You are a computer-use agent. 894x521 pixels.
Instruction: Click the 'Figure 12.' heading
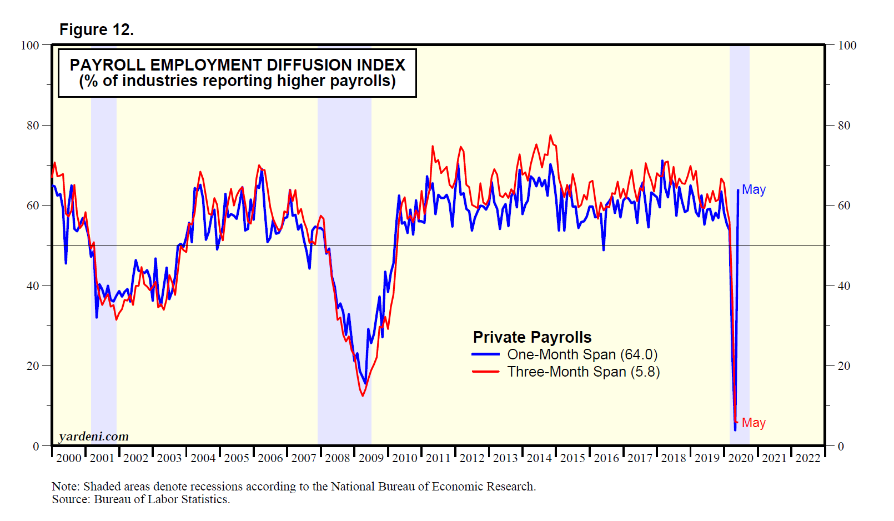(97, 29)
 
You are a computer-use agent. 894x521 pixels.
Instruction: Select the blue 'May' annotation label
(754, 189)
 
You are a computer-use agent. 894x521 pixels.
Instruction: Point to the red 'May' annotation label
(754, 423)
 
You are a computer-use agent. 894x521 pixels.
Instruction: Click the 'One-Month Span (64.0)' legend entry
(582, 354)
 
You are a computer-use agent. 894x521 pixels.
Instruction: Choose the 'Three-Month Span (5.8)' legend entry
(583, 372)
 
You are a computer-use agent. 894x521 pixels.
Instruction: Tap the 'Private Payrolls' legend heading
(532, 337)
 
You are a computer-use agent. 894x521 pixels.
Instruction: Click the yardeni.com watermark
(93, 437)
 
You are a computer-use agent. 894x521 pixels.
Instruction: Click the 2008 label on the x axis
(338, 458)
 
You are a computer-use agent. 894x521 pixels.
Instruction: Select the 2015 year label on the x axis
(572, 458)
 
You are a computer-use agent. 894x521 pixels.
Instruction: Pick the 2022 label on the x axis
(808, 458)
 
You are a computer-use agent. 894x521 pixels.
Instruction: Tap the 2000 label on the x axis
(69, 458)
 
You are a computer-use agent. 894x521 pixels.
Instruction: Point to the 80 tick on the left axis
(33, 126)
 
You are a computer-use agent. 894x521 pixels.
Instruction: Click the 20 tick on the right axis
(844, 366)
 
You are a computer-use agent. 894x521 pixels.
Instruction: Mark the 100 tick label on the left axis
(30, 46)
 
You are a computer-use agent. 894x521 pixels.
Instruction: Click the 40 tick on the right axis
(844, 286)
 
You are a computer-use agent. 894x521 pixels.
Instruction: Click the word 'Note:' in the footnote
(66, 487)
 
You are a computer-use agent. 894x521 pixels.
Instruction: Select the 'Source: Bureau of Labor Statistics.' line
(140, 499)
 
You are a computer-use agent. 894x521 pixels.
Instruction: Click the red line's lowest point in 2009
(363, 395)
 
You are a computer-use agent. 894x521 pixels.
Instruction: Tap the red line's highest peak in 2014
(550, 135)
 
